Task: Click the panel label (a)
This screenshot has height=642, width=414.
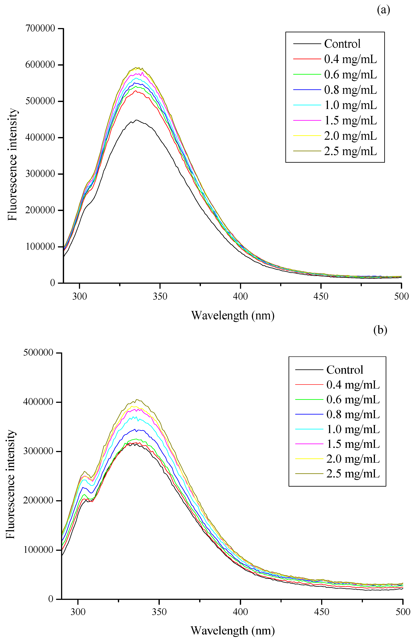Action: (383, 10)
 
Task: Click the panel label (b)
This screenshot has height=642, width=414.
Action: (380, 330)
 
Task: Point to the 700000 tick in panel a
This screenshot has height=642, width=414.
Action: (40, 28)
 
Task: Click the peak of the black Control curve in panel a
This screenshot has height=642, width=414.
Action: (137, 120)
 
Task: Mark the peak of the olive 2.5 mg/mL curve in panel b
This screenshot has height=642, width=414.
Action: (137, 399)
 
